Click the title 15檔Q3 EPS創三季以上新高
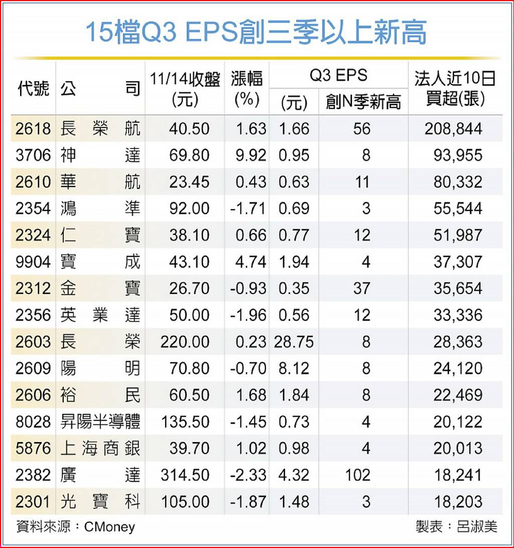click(256, 33)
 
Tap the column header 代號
click(33, 89)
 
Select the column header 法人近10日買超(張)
click(455, 89)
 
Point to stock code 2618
click(33, 129)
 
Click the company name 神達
click(100, 156)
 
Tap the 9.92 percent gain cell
click(248, 156)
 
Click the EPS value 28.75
click(294, 342)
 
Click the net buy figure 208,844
click(453, 129)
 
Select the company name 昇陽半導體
click(100, 422)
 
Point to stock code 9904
click(33, 262)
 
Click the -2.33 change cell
click(248, 475)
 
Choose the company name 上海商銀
click(100, 448)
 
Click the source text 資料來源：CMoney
click(76, 526)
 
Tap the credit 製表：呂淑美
click(456, 526)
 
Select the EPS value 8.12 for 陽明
click(294, 368)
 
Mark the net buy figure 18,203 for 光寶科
click(458, 501)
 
